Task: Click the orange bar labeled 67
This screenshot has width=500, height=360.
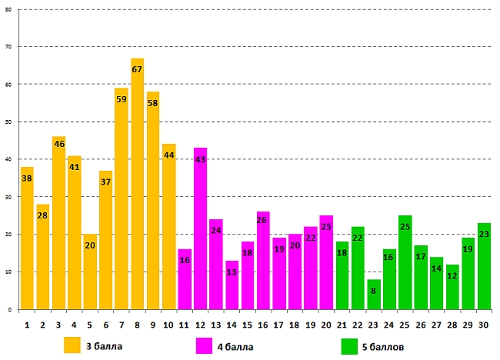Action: click(137, 185)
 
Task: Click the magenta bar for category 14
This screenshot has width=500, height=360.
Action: click(232, 285)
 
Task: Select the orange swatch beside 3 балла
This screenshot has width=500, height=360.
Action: click(72, 345)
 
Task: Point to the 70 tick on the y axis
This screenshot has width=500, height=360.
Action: click(8, 47)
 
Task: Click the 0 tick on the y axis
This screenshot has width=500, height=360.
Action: click(10, 309)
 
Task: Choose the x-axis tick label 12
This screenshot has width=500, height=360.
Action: click(200, 325)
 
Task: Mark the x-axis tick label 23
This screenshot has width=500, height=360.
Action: click(373, 325)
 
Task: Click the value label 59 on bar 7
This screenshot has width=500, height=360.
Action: click(122, 99)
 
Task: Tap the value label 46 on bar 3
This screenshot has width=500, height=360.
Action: click(58, 144)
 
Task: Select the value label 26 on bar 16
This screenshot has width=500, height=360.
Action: click(263, 221)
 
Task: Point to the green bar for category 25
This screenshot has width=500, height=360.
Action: click(405, 262)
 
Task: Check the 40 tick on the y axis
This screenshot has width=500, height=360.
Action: click(8, 159)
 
